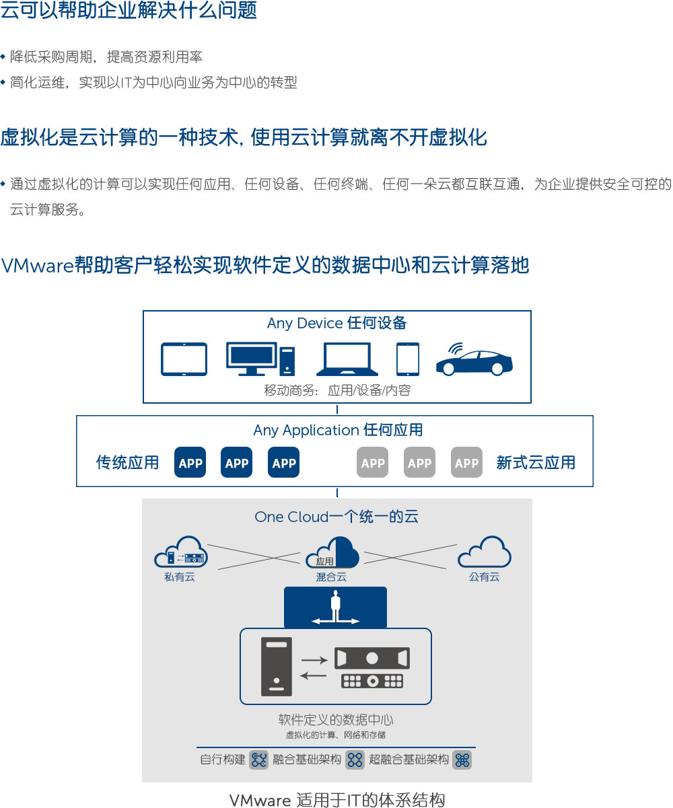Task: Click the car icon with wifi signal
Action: [474, 361]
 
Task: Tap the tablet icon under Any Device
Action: [184, 359]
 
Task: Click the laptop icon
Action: [347, 360]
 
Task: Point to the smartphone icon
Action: [408, 359]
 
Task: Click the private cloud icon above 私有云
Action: [180, 552]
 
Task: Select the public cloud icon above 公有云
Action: [484, 552]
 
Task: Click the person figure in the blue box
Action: [335, 605]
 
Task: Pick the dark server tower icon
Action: [276, 666]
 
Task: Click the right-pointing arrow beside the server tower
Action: [313, 660]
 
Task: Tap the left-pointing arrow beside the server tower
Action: [313, 676]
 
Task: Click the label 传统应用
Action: [128, 463]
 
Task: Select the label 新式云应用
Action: [536, 463]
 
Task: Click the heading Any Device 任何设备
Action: [336, 324]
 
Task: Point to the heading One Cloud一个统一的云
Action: [336, 517]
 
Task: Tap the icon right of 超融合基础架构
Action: [462, 760]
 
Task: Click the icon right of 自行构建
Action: [259, 760]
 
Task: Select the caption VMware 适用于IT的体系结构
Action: [336, 800]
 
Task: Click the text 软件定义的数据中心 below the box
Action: [336, 721]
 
